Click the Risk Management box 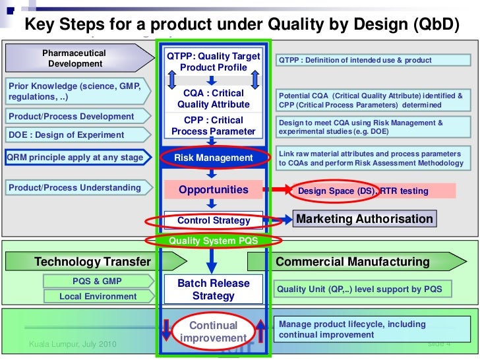[x=213, y=158]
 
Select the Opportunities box [x=213, y=190]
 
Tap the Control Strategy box [x=214, y=220]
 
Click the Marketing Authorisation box [x=365, y=219]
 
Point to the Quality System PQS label [x=213, y=241]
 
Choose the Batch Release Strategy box [x=213, y=289]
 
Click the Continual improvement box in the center [x=213, y=332]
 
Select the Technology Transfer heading [x=93, y=262]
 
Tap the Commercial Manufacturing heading [x=352, y=262]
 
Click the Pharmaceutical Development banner [x=75, y=58]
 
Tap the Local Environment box [x=98, y=296]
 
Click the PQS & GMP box [x=97, y=281]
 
